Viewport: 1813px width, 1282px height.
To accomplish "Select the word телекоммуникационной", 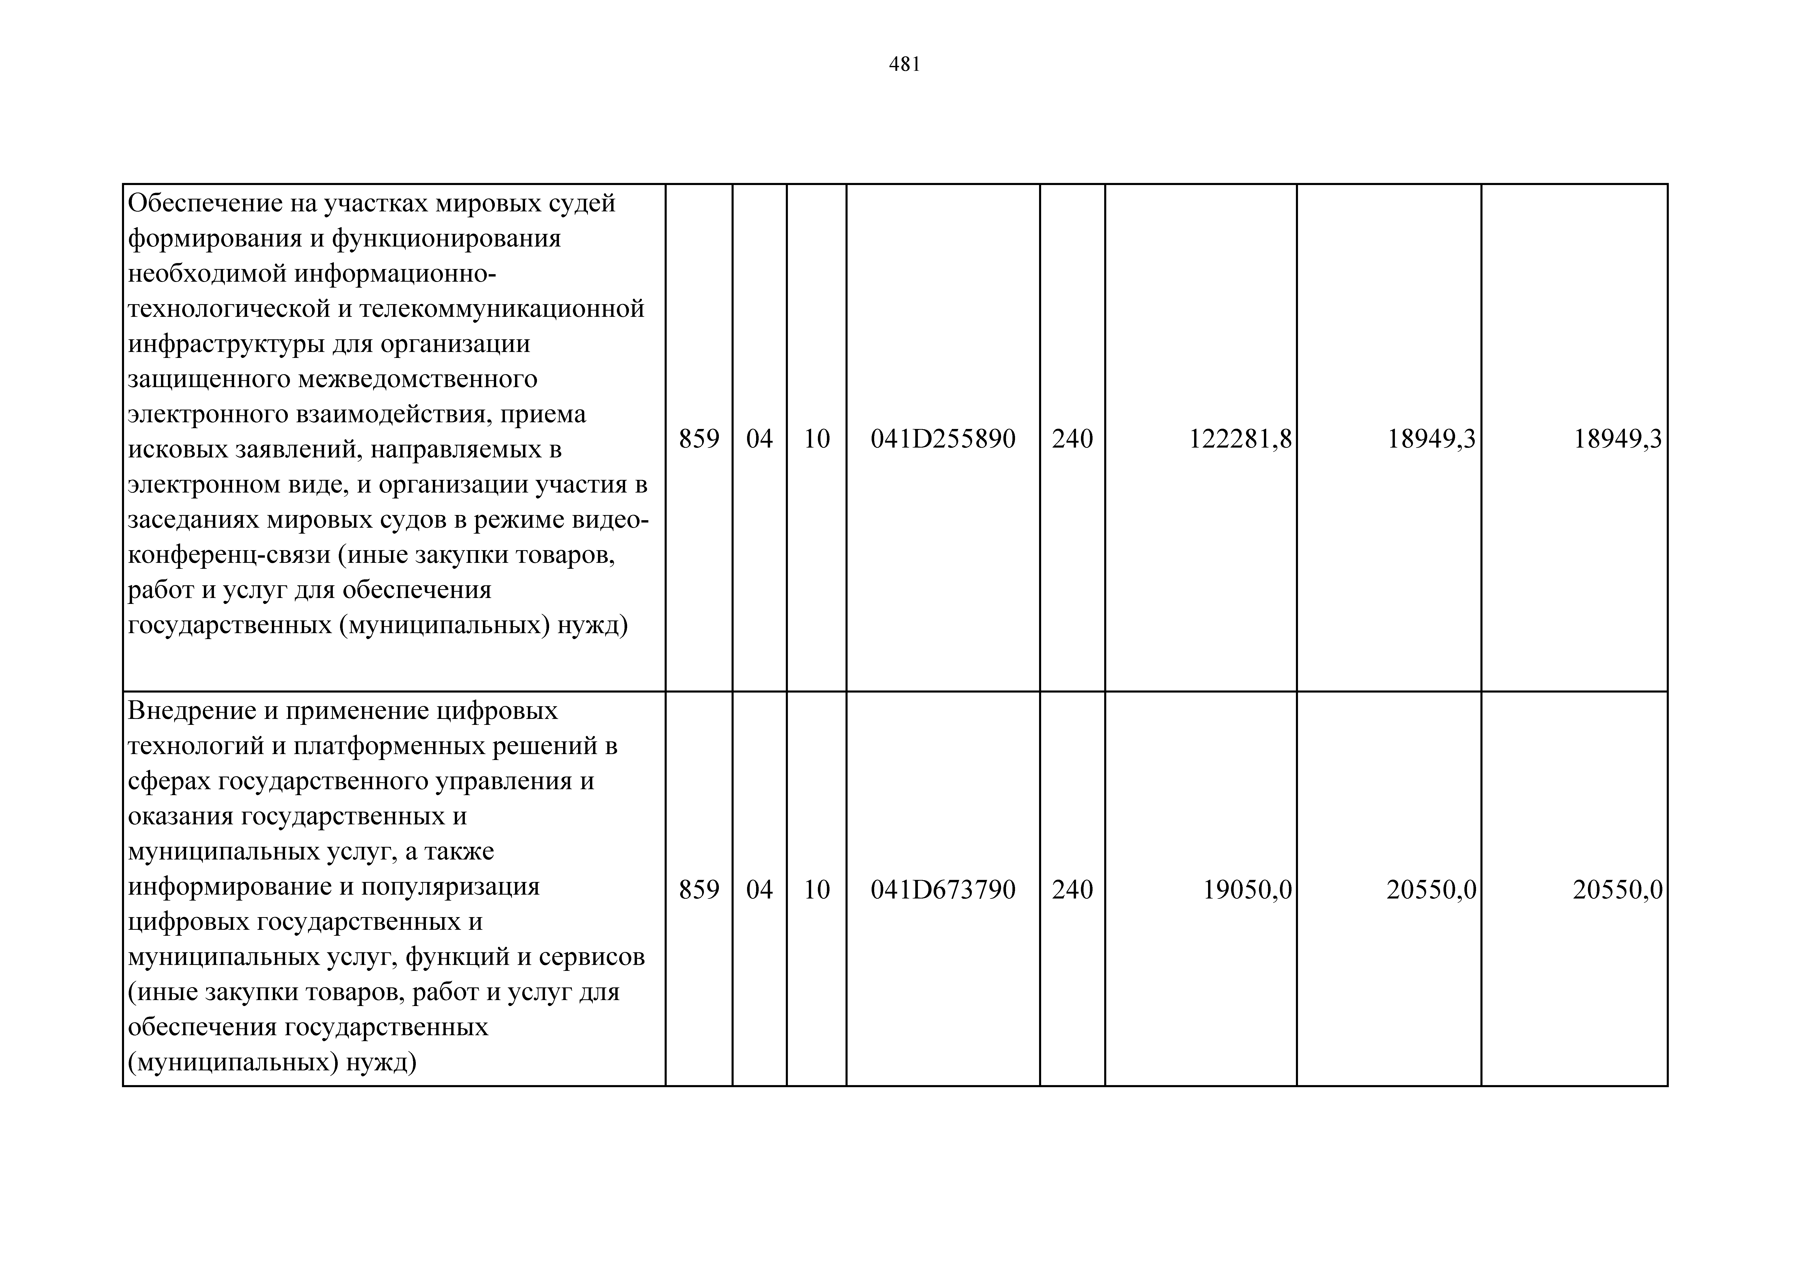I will [502, 309].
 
